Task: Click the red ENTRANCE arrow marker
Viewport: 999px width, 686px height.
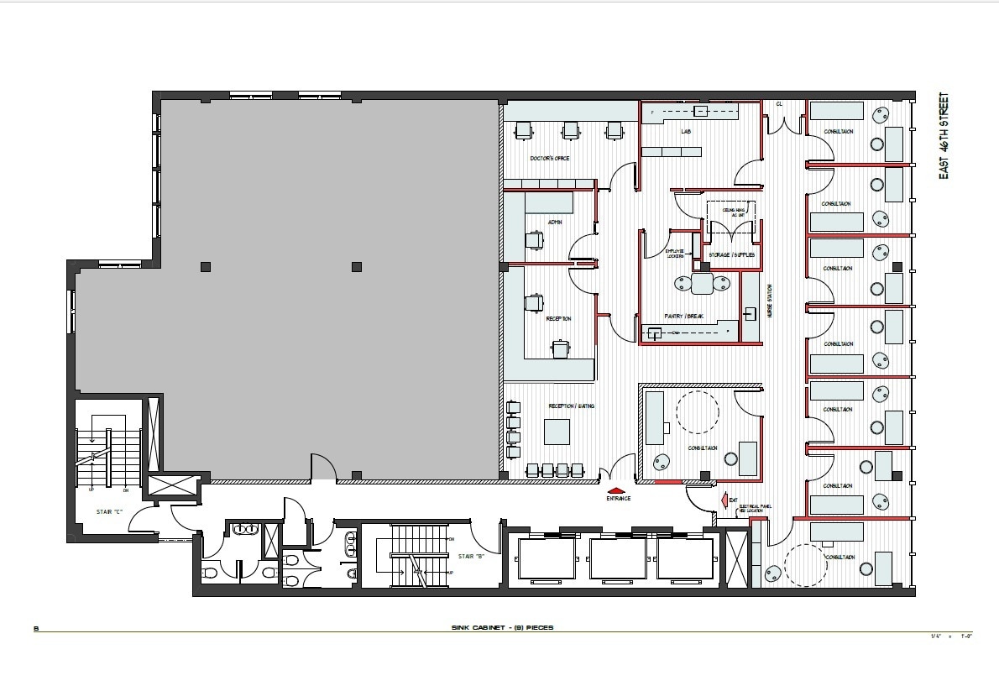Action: (x=616, y=490)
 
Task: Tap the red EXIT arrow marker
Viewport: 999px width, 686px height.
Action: (x=722, y=500)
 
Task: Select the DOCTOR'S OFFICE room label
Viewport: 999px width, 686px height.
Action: (x=550, y=158)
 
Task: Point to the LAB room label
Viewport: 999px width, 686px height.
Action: (x=686, y=132)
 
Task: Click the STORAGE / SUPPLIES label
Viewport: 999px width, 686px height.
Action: (x=732, y=254)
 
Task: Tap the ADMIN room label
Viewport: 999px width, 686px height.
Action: (x=554, y=222)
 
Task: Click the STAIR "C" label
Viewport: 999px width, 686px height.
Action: (x=107, y=510)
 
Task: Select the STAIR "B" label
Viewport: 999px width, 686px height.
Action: (x=469, y=556)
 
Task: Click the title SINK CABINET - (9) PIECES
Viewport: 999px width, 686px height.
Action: (x=501, y=628)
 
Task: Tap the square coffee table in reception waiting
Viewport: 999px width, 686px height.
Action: (x=557, y=432)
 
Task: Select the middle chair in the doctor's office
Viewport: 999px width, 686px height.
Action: (x=571, y=130)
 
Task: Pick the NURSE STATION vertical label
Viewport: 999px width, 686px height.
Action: (x=770, y=301)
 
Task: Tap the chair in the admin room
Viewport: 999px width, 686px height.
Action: (x=535, y=240)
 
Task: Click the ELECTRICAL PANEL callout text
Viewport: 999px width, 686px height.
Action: (x=754, y=508)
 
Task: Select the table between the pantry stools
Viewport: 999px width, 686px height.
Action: (x=702, y=284)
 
